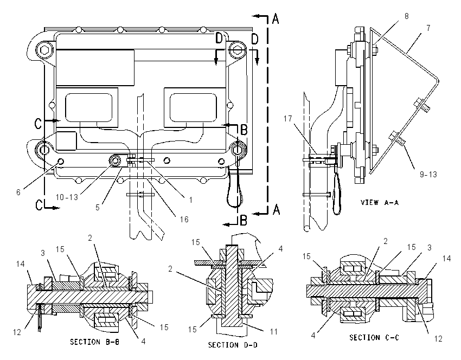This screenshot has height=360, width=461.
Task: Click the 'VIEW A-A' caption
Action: (380, 202)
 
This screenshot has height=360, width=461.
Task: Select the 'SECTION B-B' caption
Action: (95, 342)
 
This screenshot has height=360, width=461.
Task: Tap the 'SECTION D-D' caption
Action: (233, 345)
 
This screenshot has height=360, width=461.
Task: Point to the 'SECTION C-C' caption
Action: (374, 338)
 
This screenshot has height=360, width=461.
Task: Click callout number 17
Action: (288, 118)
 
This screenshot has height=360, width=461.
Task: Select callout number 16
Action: (184, 219)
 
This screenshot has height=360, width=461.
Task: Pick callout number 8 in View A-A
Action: (407, 16)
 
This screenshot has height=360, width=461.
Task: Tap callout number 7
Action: (428, 28)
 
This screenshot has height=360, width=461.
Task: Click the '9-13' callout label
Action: (428, 174)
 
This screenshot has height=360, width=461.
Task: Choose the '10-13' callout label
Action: (67, 197)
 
